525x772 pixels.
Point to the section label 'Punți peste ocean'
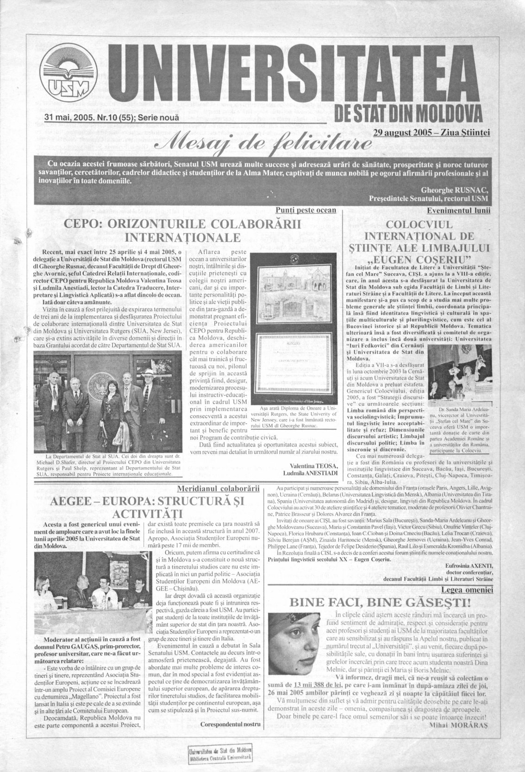pos(306,210)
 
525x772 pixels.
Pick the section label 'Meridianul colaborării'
pos(218,489)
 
